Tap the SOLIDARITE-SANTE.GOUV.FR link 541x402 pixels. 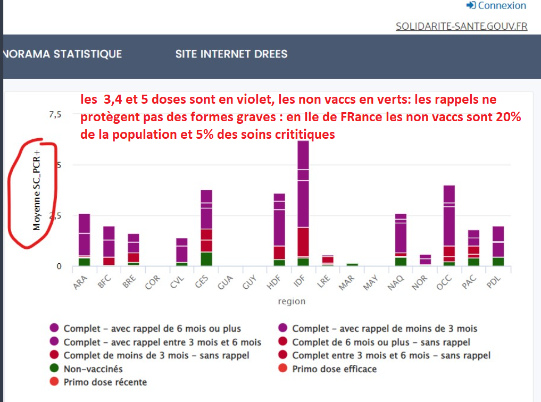(x=461, y=26)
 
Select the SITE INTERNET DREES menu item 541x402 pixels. (x=231, y=54)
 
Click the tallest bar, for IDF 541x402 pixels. (x=303, y=202)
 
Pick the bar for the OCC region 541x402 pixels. (x=449, y=226)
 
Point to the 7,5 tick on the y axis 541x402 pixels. (x=55, y=114)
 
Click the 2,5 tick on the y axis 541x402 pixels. (x=55, y=215)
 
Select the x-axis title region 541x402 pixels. (x=292, y=301)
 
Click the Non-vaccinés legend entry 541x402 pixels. (x=93, y=369)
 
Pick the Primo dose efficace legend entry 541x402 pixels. (x=334, y=369)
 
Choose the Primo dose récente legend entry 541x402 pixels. (x=105, y=382)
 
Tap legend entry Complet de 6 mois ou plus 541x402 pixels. (x=381, y=342)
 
